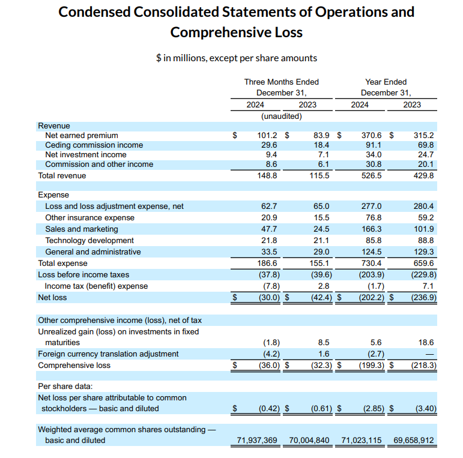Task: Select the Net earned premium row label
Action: pos(82,136)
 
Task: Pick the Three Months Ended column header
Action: pos(281,82)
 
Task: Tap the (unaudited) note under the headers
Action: pos(281,116)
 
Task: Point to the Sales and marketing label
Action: pos(82,229)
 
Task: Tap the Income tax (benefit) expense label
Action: pos(96,286)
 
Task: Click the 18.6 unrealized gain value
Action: pos(425,343)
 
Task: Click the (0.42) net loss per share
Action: pos(267,409)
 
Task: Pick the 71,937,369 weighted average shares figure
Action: pos(258,441)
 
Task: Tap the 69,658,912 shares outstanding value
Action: pos(414,441)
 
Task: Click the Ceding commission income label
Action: pos(94,145)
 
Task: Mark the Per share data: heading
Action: pos(65,387)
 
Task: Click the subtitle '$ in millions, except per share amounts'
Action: pos(236,58)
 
